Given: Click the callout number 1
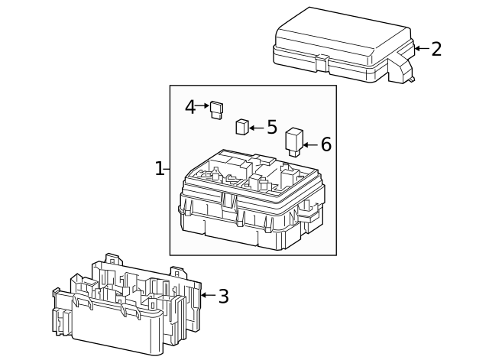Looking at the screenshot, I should click(159, 169).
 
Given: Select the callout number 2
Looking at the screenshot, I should click(436, 50).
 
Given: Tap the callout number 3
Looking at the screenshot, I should click(223, 297).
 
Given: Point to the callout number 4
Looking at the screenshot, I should click(190, 107).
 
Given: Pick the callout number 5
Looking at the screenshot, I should click(271, 127).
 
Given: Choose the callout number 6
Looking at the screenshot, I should click(325, 144).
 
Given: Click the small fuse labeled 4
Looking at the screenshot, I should click(217, 111).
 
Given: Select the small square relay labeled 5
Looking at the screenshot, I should click(241, 127).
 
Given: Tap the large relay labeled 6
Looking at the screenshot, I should click(294, 139).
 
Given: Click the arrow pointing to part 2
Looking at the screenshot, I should click(421, 49).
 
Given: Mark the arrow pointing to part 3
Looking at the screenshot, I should click(207, 295).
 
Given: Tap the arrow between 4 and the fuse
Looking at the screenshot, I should click(203, 105).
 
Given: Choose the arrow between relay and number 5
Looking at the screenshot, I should click(256, 128).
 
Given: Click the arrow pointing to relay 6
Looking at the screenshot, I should click(309, 144).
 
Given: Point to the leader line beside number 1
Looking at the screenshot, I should click(167, 169).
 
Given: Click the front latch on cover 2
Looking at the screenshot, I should click(322, 59).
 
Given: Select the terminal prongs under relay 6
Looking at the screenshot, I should click(293, 152).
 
